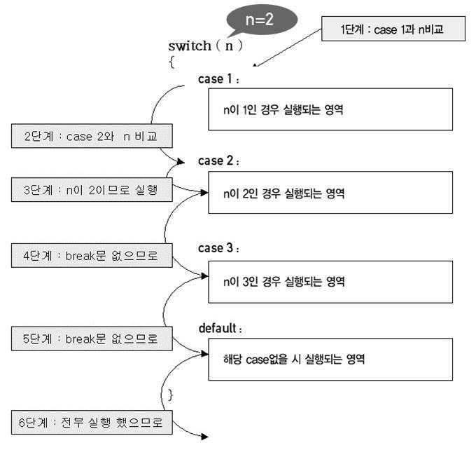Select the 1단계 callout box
393,29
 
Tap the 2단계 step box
92,136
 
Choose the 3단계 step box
92,189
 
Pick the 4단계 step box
92,256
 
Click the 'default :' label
221,328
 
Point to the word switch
189,46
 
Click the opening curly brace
171,62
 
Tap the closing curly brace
171,395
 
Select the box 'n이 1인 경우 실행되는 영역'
330,109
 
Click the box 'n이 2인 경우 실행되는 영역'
330,193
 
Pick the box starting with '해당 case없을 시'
330,359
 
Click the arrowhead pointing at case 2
182,162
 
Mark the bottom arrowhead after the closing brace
204,437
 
